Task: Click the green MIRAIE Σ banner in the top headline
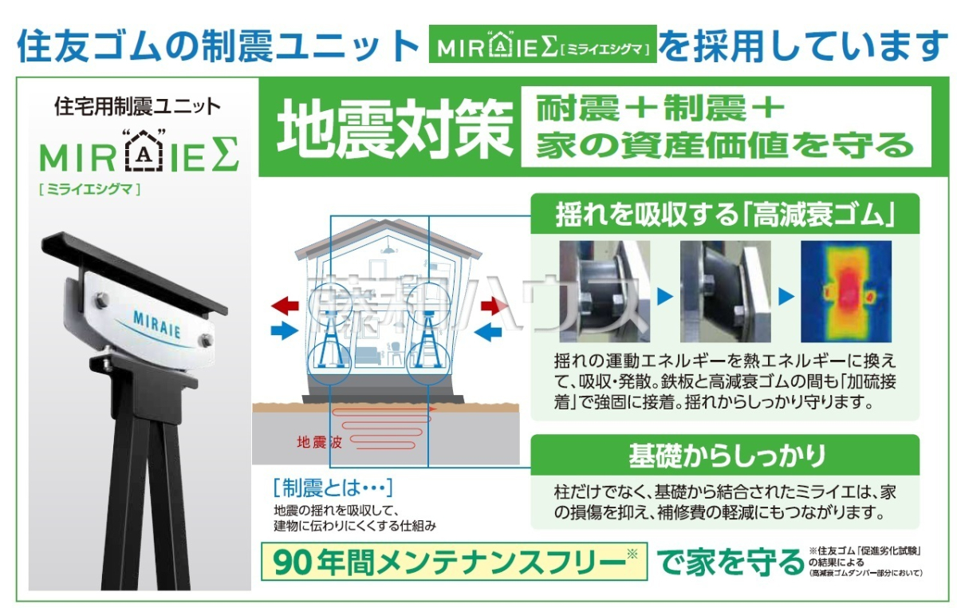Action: click(542, 44)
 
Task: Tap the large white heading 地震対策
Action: click(395, 128)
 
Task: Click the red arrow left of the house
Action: click(285, 306)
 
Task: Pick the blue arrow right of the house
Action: click(488, 332)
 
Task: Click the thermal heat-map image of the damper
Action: click(846, 291)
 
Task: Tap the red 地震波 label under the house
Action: click(320, 443)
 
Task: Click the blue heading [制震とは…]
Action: click(333, 488)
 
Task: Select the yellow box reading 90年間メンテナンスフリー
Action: click(454, 562)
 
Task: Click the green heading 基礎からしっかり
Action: click(727, 456)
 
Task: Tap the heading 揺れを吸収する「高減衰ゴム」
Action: click(725, 215)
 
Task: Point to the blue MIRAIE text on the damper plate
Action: click(157, 324)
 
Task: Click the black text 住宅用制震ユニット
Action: click(137, 106)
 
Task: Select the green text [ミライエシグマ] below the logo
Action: click(89, 189)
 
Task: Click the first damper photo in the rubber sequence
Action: click(605, 291)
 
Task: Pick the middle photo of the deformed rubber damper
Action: click(726, 291)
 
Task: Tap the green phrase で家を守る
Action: click(731, 562)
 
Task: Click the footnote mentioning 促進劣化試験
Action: click(865, 562)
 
